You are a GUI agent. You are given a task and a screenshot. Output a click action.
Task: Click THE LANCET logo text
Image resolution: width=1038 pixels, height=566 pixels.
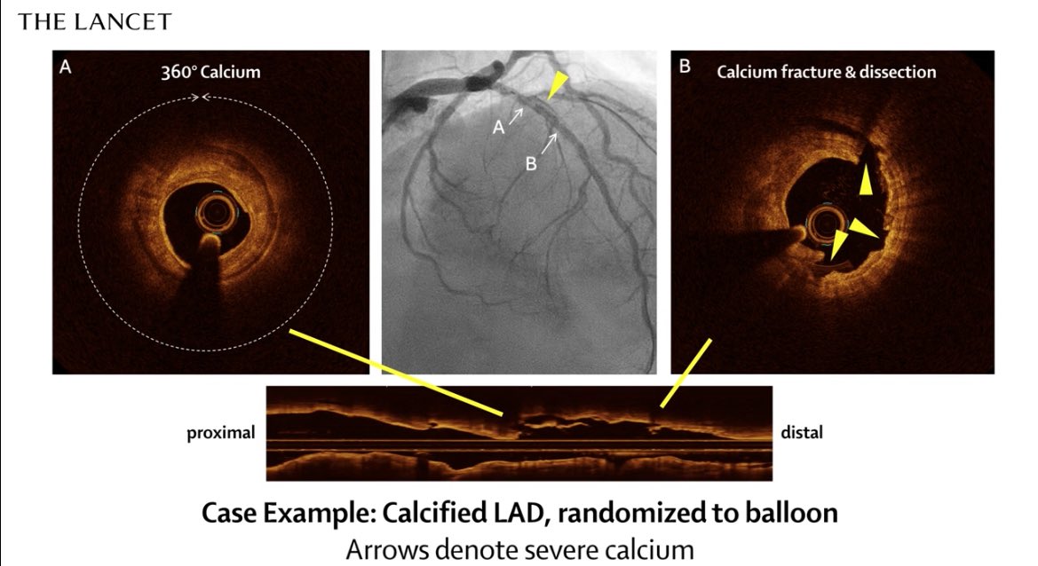click(x=95, y=21)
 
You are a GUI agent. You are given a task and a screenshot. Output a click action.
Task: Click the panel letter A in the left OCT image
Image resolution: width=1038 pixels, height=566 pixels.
click(x=64, y=67)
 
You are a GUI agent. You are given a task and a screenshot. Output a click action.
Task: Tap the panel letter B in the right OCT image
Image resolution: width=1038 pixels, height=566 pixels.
click(x=684, y=67)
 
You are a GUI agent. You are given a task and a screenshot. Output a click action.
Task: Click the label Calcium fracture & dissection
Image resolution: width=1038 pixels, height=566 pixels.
click(x=826, y=71)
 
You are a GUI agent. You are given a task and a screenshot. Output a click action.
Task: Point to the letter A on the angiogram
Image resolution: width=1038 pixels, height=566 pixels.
click(x=499, y=128)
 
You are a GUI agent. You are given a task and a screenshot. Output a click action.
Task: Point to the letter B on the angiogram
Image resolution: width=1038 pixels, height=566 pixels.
click(x=532, y=163)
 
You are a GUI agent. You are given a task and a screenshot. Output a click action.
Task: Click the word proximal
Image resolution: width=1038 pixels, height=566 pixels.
click(x=220, y=433)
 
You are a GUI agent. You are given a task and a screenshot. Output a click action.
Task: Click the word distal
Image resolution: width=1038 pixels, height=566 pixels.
click(x=801, y=433)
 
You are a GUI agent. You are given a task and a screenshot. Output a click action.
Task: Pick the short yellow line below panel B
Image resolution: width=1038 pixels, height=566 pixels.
click(x=685, y=372)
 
